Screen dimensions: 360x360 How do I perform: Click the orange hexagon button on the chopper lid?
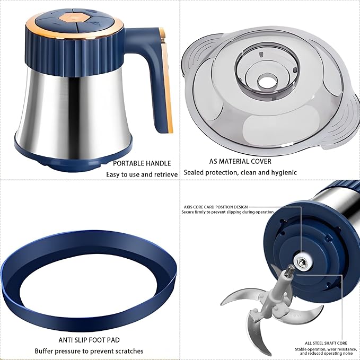tap(68, 17)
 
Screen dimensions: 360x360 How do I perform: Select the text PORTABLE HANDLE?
tap(142, 163)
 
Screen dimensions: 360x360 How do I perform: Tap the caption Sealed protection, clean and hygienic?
tap(240, 172)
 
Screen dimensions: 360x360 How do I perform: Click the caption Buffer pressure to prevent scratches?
tap(89, 351)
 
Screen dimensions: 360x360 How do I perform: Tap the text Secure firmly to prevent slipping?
tap(223, 213)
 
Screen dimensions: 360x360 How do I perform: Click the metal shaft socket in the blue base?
tap(301, 260)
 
